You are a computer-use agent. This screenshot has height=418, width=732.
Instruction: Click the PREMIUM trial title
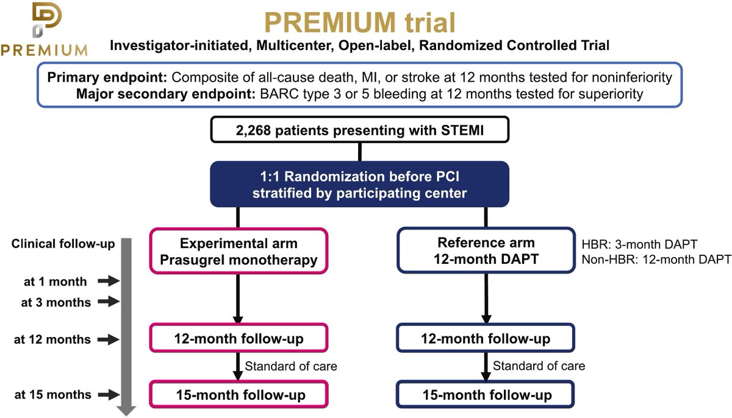(x=360, y=23)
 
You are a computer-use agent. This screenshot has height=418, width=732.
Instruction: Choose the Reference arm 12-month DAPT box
(x=486, y=252)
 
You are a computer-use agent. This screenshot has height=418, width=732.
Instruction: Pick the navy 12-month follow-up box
(x=486, y=338)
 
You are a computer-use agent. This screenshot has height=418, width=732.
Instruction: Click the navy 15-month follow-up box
(x=486, y=394)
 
